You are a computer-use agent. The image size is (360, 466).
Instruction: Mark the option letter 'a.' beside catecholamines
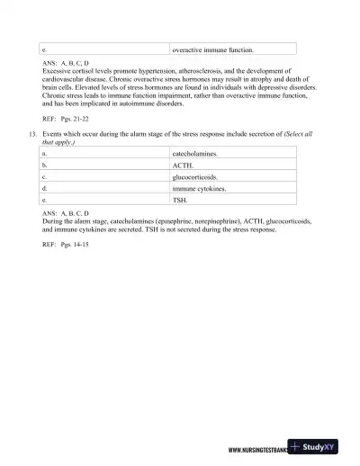coord(45,155)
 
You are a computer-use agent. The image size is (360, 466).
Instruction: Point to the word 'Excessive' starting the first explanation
coord(58,70)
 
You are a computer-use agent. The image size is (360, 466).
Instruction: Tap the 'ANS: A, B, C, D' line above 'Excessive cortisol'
coord(66,62)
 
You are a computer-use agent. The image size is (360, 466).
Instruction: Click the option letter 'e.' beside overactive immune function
coord(45,50)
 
